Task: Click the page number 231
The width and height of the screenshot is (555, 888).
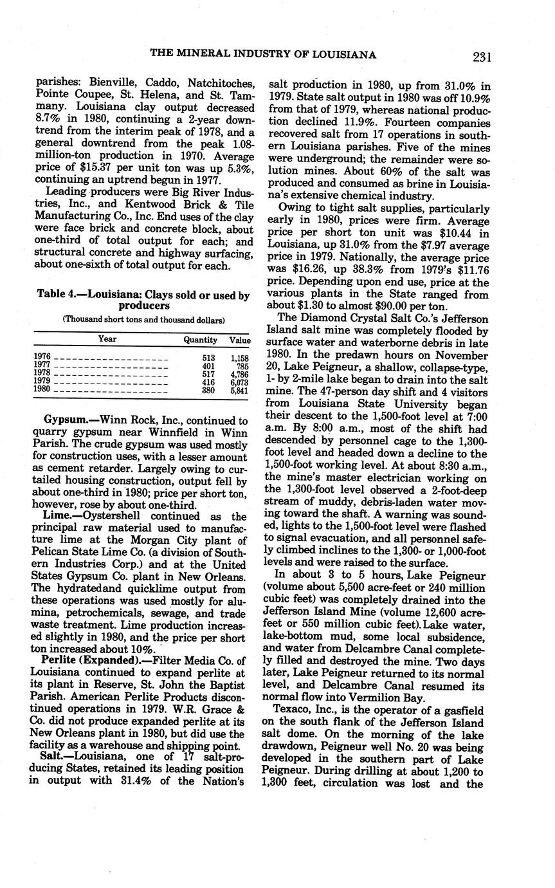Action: [x=481, y=57]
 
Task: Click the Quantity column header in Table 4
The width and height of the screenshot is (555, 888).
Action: [x=200, y=339]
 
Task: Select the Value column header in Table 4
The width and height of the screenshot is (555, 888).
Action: [x=240, y=339]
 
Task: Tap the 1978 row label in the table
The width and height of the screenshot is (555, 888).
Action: [x=42, y=372]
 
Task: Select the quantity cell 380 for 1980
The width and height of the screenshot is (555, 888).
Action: [x=208, y=389]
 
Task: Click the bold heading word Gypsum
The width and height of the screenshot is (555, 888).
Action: [x=65, y=420]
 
